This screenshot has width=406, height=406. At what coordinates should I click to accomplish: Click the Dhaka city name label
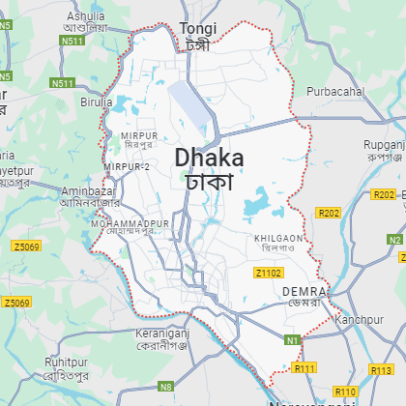click(209, 158)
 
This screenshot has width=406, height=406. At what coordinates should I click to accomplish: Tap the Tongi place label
click(198, 29)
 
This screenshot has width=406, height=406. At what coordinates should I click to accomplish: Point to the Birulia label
click(97, 101)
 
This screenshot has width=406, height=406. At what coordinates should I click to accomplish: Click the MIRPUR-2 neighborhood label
click(126, 167)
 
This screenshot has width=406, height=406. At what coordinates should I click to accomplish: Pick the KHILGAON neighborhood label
click(278, 237)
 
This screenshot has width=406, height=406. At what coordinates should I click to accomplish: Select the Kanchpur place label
click(354, 319)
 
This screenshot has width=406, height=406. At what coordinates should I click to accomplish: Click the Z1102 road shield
click(269, 274)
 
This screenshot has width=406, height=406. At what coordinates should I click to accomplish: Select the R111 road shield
click(305, 368)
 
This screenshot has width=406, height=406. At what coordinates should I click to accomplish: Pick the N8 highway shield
click(165, 386)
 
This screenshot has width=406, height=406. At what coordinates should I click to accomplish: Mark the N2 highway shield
click(394, 239)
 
